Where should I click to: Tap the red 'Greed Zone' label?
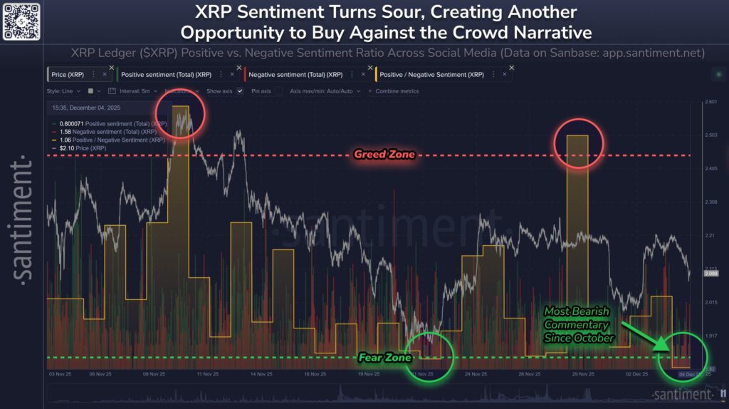pyautogui.click(x=384, y=155)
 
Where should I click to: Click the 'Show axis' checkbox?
pyautogui.click(x=240, y=91)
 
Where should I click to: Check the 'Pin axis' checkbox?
pyautogui.click(x=278, y=91)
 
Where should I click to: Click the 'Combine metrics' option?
pyautogui.click(x=395, y=91)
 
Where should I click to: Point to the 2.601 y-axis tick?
pyautogui.click(x=710, y=102)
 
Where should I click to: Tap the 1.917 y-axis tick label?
pyautogui.click(x=710, y=336)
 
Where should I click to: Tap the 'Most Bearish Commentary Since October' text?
pyautogui.click(x=579, y=324)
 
